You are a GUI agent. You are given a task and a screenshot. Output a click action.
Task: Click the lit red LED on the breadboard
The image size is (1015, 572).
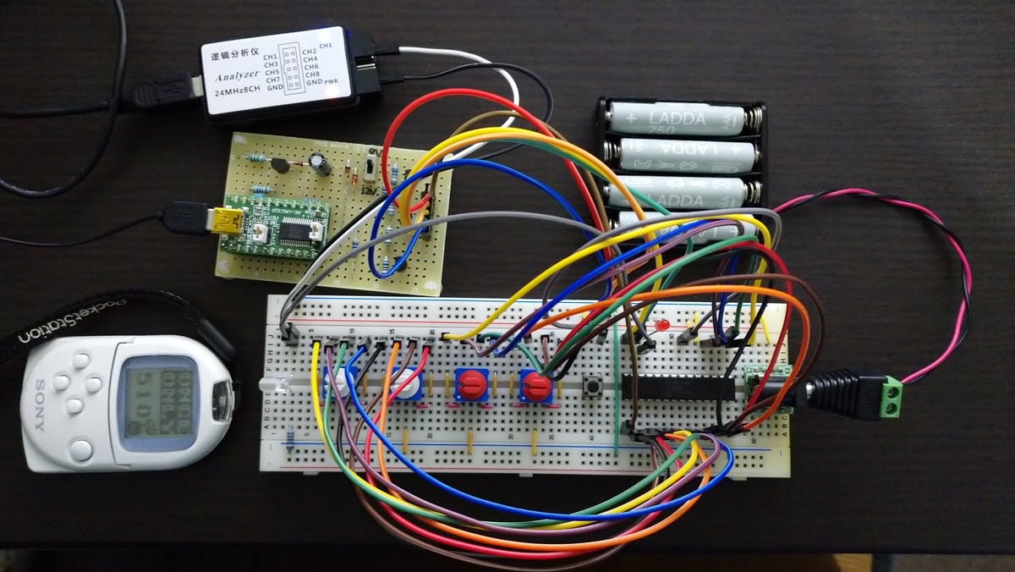[662, 326]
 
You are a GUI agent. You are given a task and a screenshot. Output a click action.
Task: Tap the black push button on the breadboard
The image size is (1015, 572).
[595, 388]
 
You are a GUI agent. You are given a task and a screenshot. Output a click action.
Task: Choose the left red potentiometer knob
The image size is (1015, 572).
[470, 385]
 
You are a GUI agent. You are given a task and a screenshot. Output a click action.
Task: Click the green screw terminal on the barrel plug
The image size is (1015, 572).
[889, 399]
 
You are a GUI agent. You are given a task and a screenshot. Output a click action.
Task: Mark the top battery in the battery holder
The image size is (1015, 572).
[682, 118]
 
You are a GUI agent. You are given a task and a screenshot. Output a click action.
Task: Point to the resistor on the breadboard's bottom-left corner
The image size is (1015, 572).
[291, 439]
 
